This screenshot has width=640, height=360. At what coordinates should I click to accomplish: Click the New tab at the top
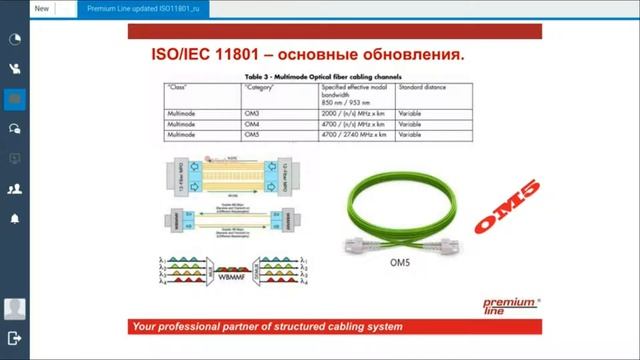click(43, 8)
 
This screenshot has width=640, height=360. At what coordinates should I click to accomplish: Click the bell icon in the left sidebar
click(15, 217)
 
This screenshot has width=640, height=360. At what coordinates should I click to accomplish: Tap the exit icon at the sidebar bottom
click(15, 339)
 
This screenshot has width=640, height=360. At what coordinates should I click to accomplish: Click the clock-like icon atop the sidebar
click(15, 40)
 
